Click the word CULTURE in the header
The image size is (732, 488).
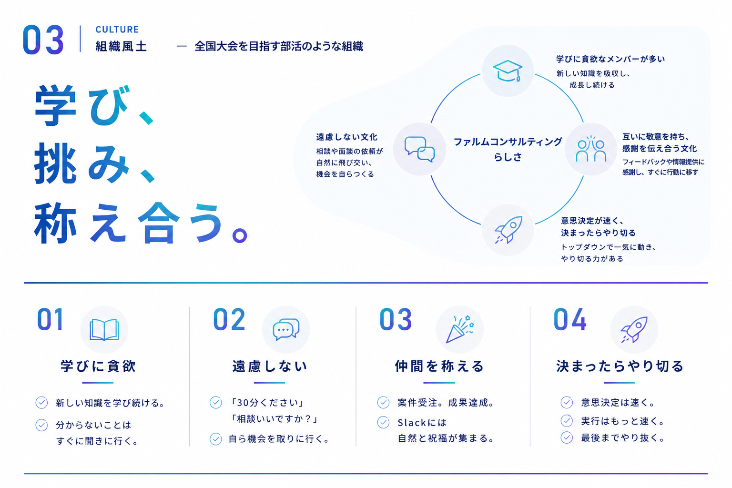pyautogui.click(x=117, y=30)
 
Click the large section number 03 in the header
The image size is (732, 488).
pyautogui.click(x=43, y=40)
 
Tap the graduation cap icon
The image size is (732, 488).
pyautogui.click(x=508, y=71)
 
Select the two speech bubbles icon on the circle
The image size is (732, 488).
pyautogui.click(x=419, y=149)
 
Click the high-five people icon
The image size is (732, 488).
pyautogui.click(x=591, y=149)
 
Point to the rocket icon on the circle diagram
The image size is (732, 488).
pyautogui.click(x=508, y=230)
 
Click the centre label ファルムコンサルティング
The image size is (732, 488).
pyautogui.click(x=508, y=142)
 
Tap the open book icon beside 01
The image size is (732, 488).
pyautogui.click(x=104, y=329)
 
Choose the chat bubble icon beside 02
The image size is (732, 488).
pyautogui.click(x=286, y=329)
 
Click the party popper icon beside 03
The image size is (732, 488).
pyautogui.click(x=460, y=329)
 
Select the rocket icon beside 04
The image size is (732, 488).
pyautogui.click(x=634, y=329)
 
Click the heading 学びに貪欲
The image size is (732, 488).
pyautogui.click(x=98, y=366)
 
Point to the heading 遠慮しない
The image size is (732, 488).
pyautogui.click(x=270, y=366)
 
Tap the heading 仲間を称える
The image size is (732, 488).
pyautogui.click(x=439, y=366)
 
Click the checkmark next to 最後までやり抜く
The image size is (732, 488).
pyautogui.click(x=567, y=437)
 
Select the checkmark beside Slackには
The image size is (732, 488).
pyautogui.click(x=383, y=422)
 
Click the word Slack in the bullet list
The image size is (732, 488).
pyautogui.click(x=412, y=423)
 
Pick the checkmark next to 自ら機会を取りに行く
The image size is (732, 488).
pyautogui.click(x=216, y=439)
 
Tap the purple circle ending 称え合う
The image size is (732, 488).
pyautogui.click(x=240, y=235)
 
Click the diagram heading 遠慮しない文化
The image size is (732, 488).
pyautogui.click(x=347, y=137)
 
